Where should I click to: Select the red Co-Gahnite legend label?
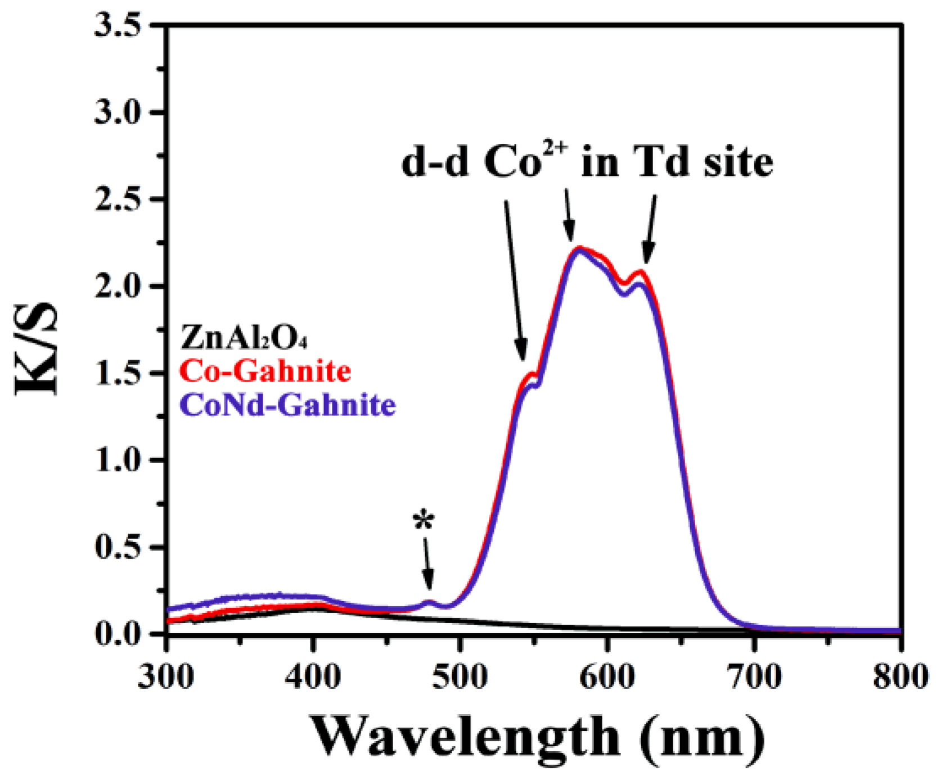(265, 371)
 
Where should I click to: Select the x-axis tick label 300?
(166, 676)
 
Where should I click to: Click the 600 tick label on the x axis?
(607, 676)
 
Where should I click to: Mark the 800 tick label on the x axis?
(900, 676)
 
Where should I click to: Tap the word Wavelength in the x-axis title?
(465, 736)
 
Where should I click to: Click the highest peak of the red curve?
(579, 248)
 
